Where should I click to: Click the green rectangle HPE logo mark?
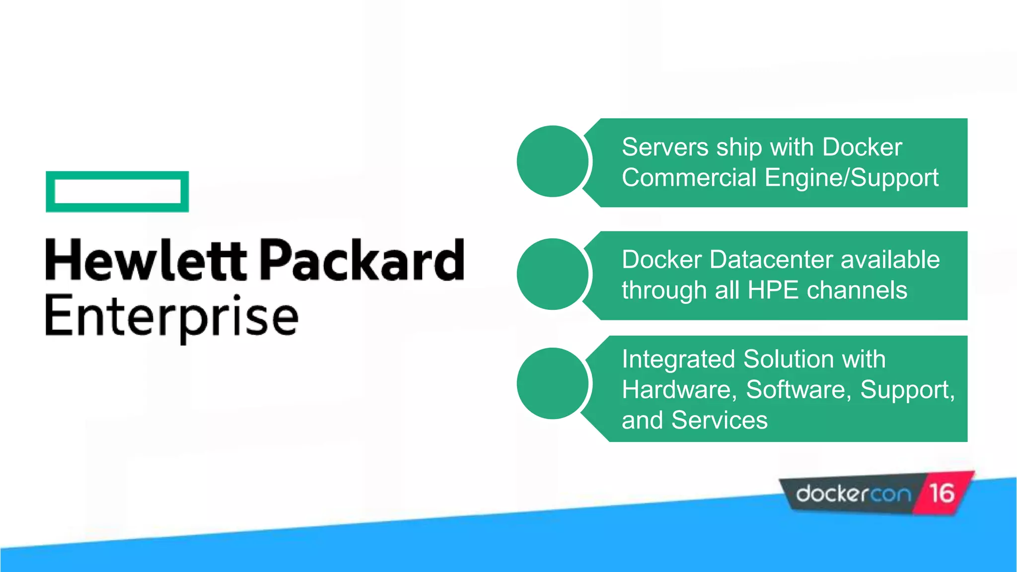point(117,192)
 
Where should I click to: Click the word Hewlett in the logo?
point(145,260)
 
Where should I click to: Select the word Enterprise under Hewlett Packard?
point(172,317)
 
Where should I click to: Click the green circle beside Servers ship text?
point(553,161)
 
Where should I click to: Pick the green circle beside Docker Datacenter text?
point(553,274)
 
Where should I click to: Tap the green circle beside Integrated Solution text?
point(553,383)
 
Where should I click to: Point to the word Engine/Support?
point(852,178)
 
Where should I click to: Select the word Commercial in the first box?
point(689,178)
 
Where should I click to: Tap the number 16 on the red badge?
point(942,494)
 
